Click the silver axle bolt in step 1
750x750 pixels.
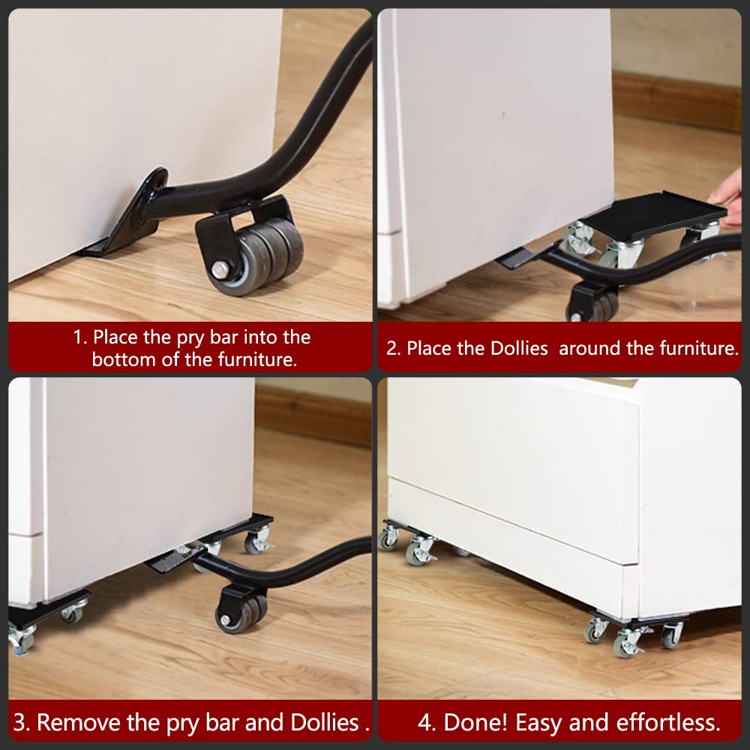[220, 270]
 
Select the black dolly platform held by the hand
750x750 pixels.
[653, 214]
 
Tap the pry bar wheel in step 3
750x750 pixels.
[242, 614]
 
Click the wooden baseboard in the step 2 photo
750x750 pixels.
[676, 100]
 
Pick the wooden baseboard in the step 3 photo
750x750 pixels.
[313, 415]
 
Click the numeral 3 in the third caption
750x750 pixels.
[19, 723]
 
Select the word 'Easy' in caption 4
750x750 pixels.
[539, 723]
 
